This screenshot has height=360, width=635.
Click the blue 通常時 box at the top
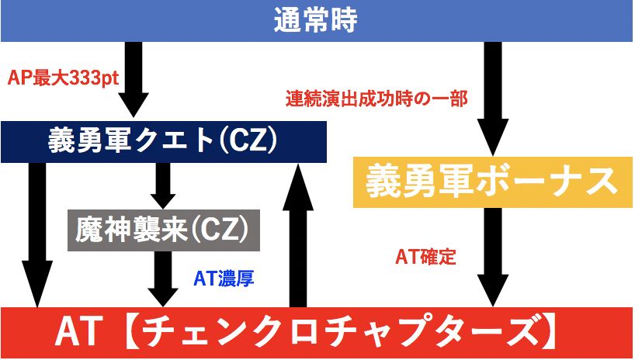pyautogui.click(x=317, y=21)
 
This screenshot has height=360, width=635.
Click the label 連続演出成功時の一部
pyautogui.click(x=364, y=99)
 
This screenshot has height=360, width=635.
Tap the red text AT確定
pyautogui.click(x=425, y=257)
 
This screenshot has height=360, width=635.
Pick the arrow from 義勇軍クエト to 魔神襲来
pyautogui.click(x=162, y=184)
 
